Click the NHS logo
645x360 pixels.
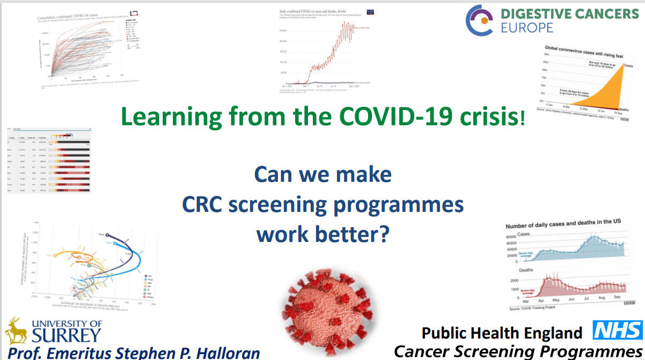pos(617,330)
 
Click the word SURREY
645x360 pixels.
pos(67,335)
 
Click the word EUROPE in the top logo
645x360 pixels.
pos(527,27)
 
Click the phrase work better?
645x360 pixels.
pos(322,234)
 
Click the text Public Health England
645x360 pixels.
pos(502,333)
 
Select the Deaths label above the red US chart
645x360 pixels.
pos(525,270)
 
